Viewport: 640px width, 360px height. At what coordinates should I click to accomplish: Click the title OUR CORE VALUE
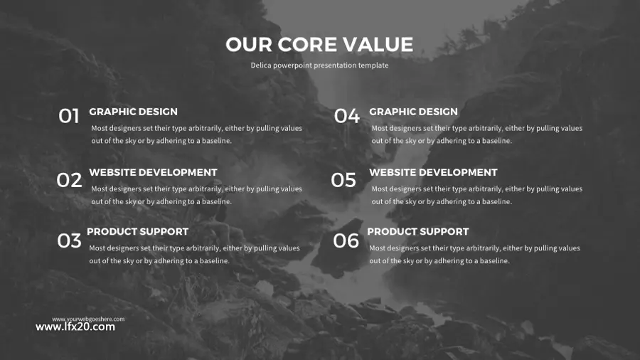click(319, 45)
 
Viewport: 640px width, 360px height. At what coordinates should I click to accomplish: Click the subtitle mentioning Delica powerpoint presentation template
click(319, 65)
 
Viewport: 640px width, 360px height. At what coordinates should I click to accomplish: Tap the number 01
click(68, 116)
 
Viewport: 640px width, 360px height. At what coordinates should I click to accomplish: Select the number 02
click(69, 180)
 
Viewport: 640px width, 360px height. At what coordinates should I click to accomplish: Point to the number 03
click(70, 240)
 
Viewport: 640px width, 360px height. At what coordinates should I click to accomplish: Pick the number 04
click(347, 116)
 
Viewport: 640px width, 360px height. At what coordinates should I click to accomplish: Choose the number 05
click(343, 180)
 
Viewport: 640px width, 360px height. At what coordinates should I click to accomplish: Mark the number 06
click(346, 240)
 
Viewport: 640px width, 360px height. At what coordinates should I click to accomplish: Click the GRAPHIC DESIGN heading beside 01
click(134, 112)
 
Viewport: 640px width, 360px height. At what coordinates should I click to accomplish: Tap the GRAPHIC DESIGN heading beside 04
click(413, 112)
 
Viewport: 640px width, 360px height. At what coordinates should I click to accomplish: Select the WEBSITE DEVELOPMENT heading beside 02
click(153, 172)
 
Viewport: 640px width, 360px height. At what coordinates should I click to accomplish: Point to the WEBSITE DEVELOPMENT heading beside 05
click(434, 172)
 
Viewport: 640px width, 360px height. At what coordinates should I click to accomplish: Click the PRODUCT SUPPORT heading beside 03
click(137, 231)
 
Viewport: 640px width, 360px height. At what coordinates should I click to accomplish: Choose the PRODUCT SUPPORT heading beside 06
click(418, 231)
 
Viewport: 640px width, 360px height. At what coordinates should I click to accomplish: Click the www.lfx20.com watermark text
click(75, 327)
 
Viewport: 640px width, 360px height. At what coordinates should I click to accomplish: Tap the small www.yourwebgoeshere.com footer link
click(88, 319)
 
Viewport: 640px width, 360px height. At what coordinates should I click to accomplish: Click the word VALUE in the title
click(378, 45)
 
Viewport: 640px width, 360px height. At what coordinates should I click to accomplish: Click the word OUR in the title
click(249, 45)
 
